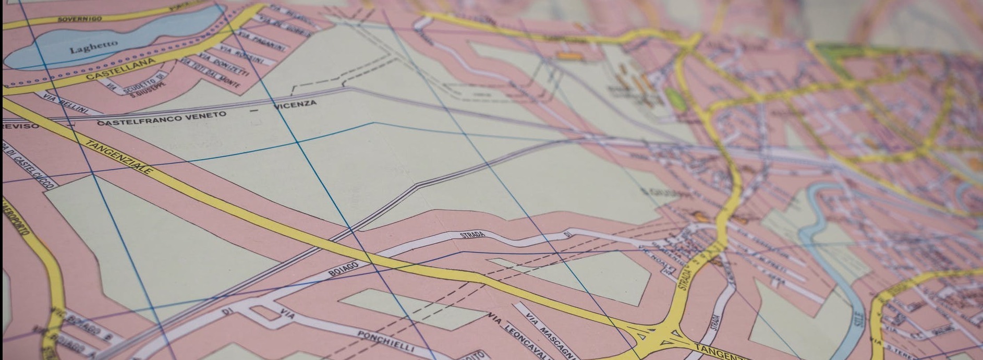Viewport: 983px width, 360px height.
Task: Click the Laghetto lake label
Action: (94, 46)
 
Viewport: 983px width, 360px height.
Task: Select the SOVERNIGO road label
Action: (79, 19)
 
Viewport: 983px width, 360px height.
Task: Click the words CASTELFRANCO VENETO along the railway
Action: (162, 118)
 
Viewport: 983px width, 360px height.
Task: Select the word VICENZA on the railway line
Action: (295, 104)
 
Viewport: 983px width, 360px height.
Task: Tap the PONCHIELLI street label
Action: (386, 340)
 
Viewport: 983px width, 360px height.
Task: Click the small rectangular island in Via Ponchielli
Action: (268, 314)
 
